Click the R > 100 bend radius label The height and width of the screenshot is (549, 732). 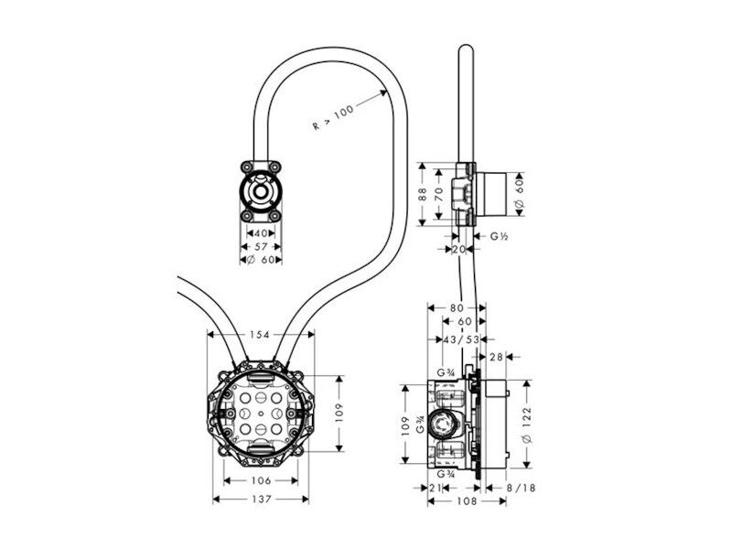[x=333, y=117]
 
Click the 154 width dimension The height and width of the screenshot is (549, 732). [x=260, y=334]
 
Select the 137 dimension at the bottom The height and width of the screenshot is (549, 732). [x=262, y=499]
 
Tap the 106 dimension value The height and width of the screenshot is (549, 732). [x=261, y=480]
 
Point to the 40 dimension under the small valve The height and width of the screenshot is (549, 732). [x=261, y=233]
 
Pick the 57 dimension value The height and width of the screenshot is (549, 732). [x=262, y=246]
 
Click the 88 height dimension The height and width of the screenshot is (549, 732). [x=422, y=194]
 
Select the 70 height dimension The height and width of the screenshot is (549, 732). [x=438, y=194]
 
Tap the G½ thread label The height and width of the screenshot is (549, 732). [x=499, y=236]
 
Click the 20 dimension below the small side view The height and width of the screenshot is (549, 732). [x=459, y=249]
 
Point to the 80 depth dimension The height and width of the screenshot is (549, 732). [x=457, y=308]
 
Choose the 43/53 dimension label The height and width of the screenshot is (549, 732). [x=461, y=339]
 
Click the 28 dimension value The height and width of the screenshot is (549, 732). [x=497, y=357]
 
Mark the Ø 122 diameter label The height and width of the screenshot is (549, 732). [x=527, y=425]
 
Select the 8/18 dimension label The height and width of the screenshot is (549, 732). [x=521, y=488]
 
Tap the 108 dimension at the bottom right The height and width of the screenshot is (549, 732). [x=467, y=501]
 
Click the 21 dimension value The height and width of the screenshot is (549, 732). [x=436, y=488]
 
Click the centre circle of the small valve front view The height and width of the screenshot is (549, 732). [x=261, y=191]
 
